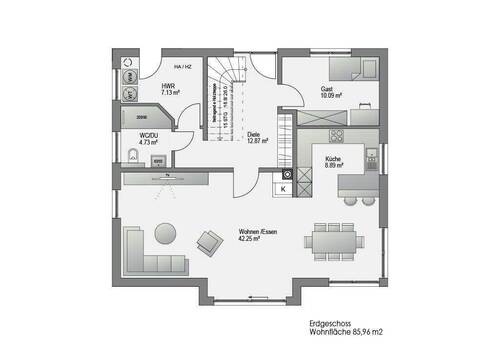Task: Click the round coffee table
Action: [x=167, y=234]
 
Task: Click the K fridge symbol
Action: [x=283, y=188]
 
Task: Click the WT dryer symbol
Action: [x=130, y=94]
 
